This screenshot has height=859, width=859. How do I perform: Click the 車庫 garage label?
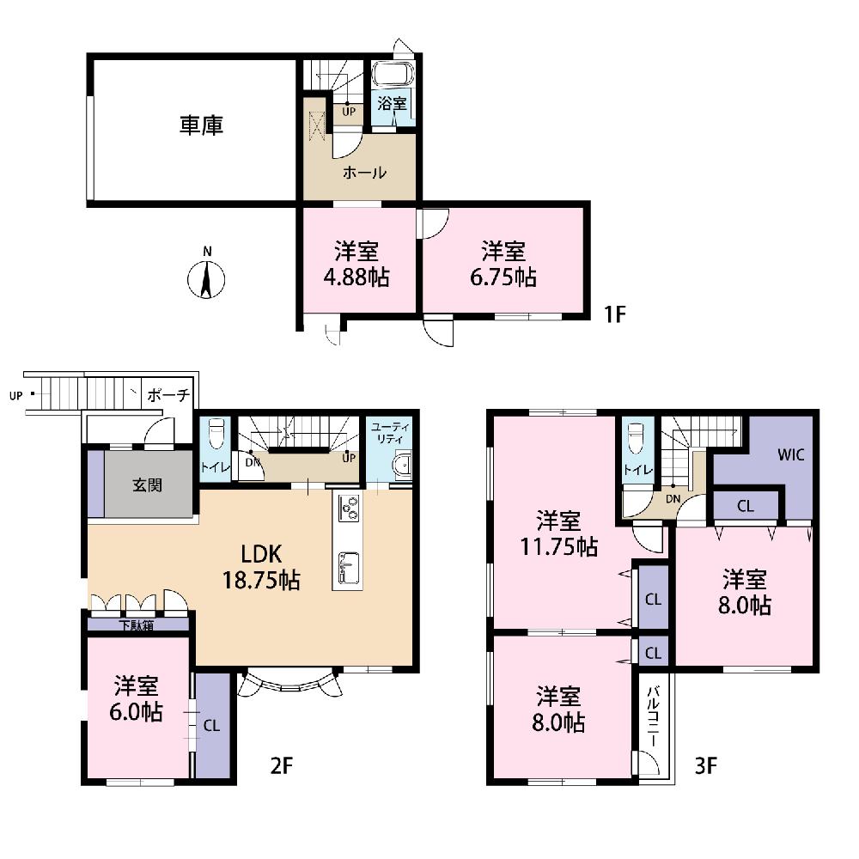pos(201,125)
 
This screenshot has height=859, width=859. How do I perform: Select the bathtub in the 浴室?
pos(393,74)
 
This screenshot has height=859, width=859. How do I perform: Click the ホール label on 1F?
pos(364,174)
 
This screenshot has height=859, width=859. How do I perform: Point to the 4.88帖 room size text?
pos(356,277)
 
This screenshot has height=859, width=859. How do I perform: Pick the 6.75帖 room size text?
pos(503,277)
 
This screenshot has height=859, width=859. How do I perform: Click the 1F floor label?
pos(614,314)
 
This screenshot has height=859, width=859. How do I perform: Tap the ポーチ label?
pos(168,394)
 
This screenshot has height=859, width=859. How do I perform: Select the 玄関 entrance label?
pos(147,485)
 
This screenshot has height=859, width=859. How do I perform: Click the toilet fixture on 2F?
pos(217,433)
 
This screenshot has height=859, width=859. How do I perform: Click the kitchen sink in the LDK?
pos(349,568)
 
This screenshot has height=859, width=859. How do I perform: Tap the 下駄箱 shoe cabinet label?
pos(137,625)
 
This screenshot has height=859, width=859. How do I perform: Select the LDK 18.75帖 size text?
pos(261,580)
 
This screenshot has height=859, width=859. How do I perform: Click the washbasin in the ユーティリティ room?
pos(403,464)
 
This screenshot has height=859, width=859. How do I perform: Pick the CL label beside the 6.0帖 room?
pos(211,726)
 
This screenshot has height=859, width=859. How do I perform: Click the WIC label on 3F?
pos(790,454)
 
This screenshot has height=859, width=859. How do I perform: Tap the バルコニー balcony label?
pos(653,716)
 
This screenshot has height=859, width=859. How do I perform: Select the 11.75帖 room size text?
pos(558,546)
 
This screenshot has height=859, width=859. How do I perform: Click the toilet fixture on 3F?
pos(636,438)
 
